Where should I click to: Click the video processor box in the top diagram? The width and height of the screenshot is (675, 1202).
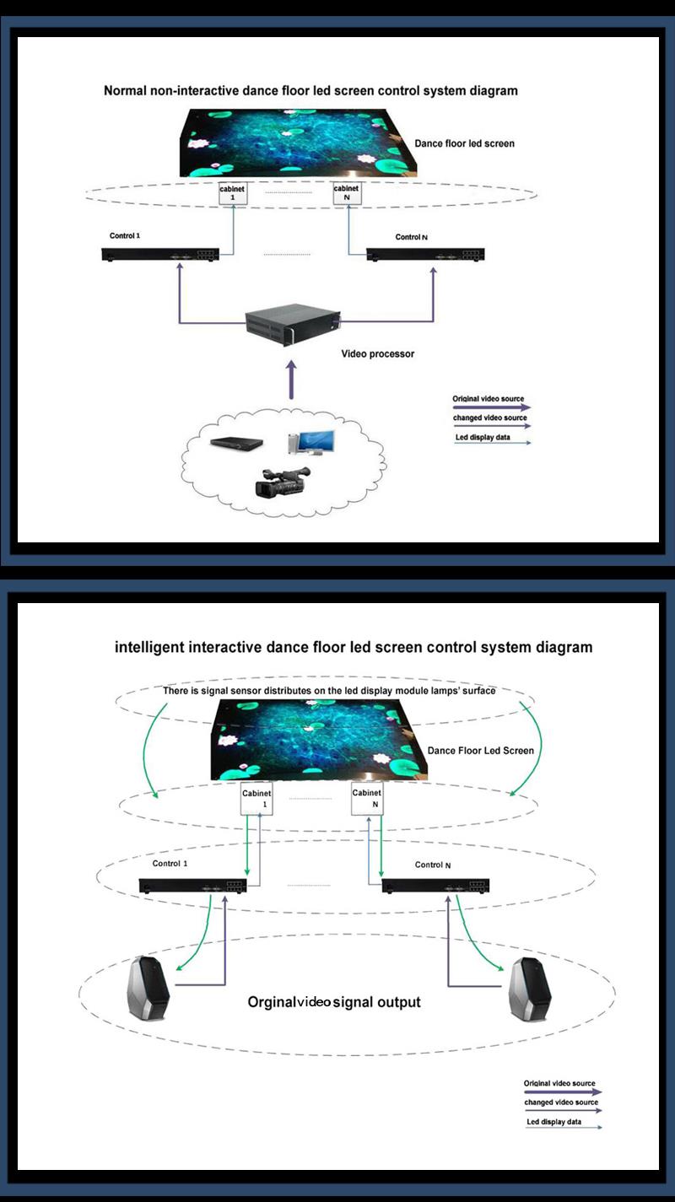pos(293,324)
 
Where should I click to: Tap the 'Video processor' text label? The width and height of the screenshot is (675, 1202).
pos(378,353)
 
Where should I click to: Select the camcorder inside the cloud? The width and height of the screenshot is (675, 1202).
pos(283,481)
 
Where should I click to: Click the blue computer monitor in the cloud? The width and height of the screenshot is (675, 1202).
pos(311,442)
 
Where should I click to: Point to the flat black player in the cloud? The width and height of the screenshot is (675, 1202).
pos(236,443)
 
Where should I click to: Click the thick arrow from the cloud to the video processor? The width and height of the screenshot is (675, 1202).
pos(291,380)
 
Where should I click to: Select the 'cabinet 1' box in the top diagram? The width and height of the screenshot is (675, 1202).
pos(232,194)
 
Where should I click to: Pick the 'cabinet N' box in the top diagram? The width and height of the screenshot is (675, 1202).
pos(347,193)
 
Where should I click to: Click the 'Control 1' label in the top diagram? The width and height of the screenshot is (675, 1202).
pos(125,235)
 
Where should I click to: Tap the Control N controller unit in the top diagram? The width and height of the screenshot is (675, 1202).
pos(425,255)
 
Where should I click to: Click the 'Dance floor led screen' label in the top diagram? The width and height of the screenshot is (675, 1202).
pos(464,143)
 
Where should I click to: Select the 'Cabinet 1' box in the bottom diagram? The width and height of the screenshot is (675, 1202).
pos(257,799)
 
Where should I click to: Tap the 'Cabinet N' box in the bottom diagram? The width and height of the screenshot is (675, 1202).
pos(367,799)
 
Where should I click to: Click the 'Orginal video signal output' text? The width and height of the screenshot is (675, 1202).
pos(334,1002)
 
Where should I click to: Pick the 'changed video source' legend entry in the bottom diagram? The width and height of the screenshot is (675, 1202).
pos(562,1105)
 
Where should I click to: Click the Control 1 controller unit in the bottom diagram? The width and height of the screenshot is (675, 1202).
pos(192,886)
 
